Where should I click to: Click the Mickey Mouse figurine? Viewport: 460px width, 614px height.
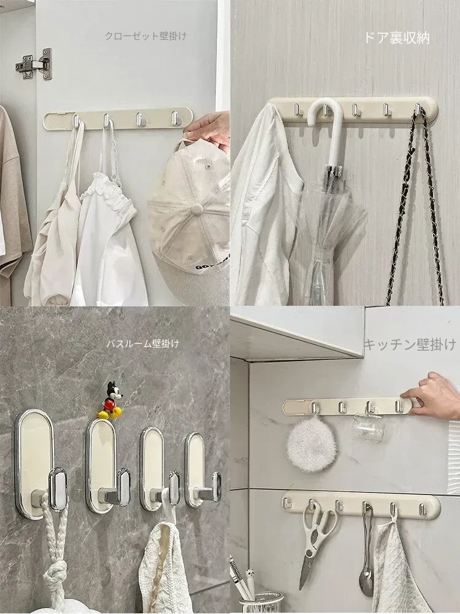(111, 400)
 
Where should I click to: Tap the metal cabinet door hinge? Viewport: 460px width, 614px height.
(34, 64)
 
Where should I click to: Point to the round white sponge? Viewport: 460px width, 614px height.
(312, 444)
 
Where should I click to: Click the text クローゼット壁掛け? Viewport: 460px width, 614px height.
(145, 36)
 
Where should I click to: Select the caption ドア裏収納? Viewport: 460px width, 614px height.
(397, 37)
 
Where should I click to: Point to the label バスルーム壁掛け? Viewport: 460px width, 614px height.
(143, 343)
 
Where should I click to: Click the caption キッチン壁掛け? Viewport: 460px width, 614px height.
(410, 344)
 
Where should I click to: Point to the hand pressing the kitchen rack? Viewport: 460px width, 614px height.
(432, 395)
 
